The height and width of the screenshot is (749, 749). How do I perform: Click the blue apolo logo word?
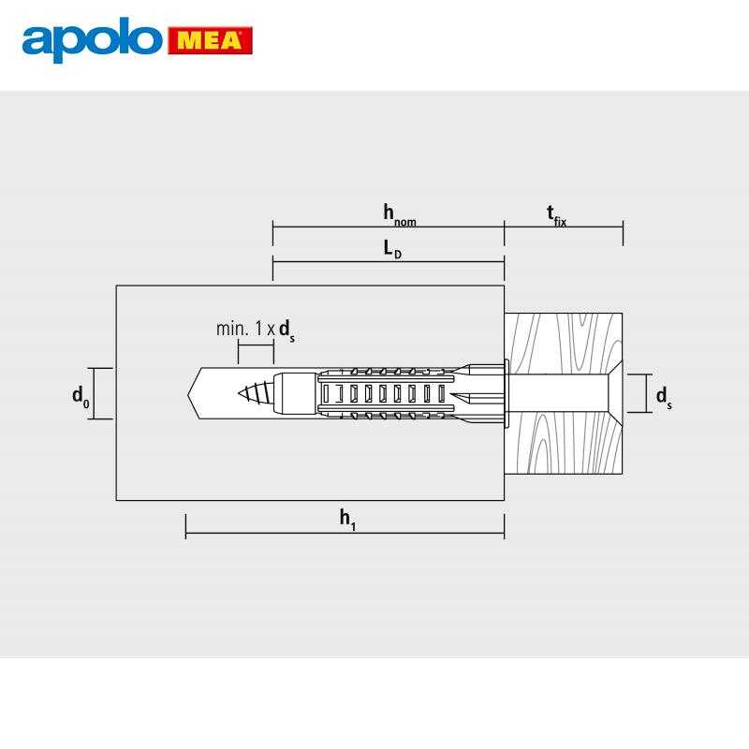92,39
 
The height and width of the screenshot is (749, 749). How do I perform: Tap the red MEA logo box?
210,40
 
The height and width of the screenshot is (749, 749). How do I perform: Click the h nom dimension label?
400,215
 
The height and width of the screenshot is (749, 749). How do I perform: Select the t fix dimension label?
556,215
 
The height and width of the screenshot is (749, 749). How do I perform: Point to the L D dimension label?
392,249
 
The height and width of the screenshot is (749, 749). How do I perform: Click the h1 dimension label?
347,520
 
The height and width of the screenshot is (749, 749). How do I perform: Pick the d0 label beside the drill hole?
81,396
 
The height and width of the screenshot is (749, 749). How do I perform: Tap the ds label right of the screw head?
664,397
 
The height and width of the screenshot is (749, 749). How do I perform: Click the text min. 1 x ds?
256,330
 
